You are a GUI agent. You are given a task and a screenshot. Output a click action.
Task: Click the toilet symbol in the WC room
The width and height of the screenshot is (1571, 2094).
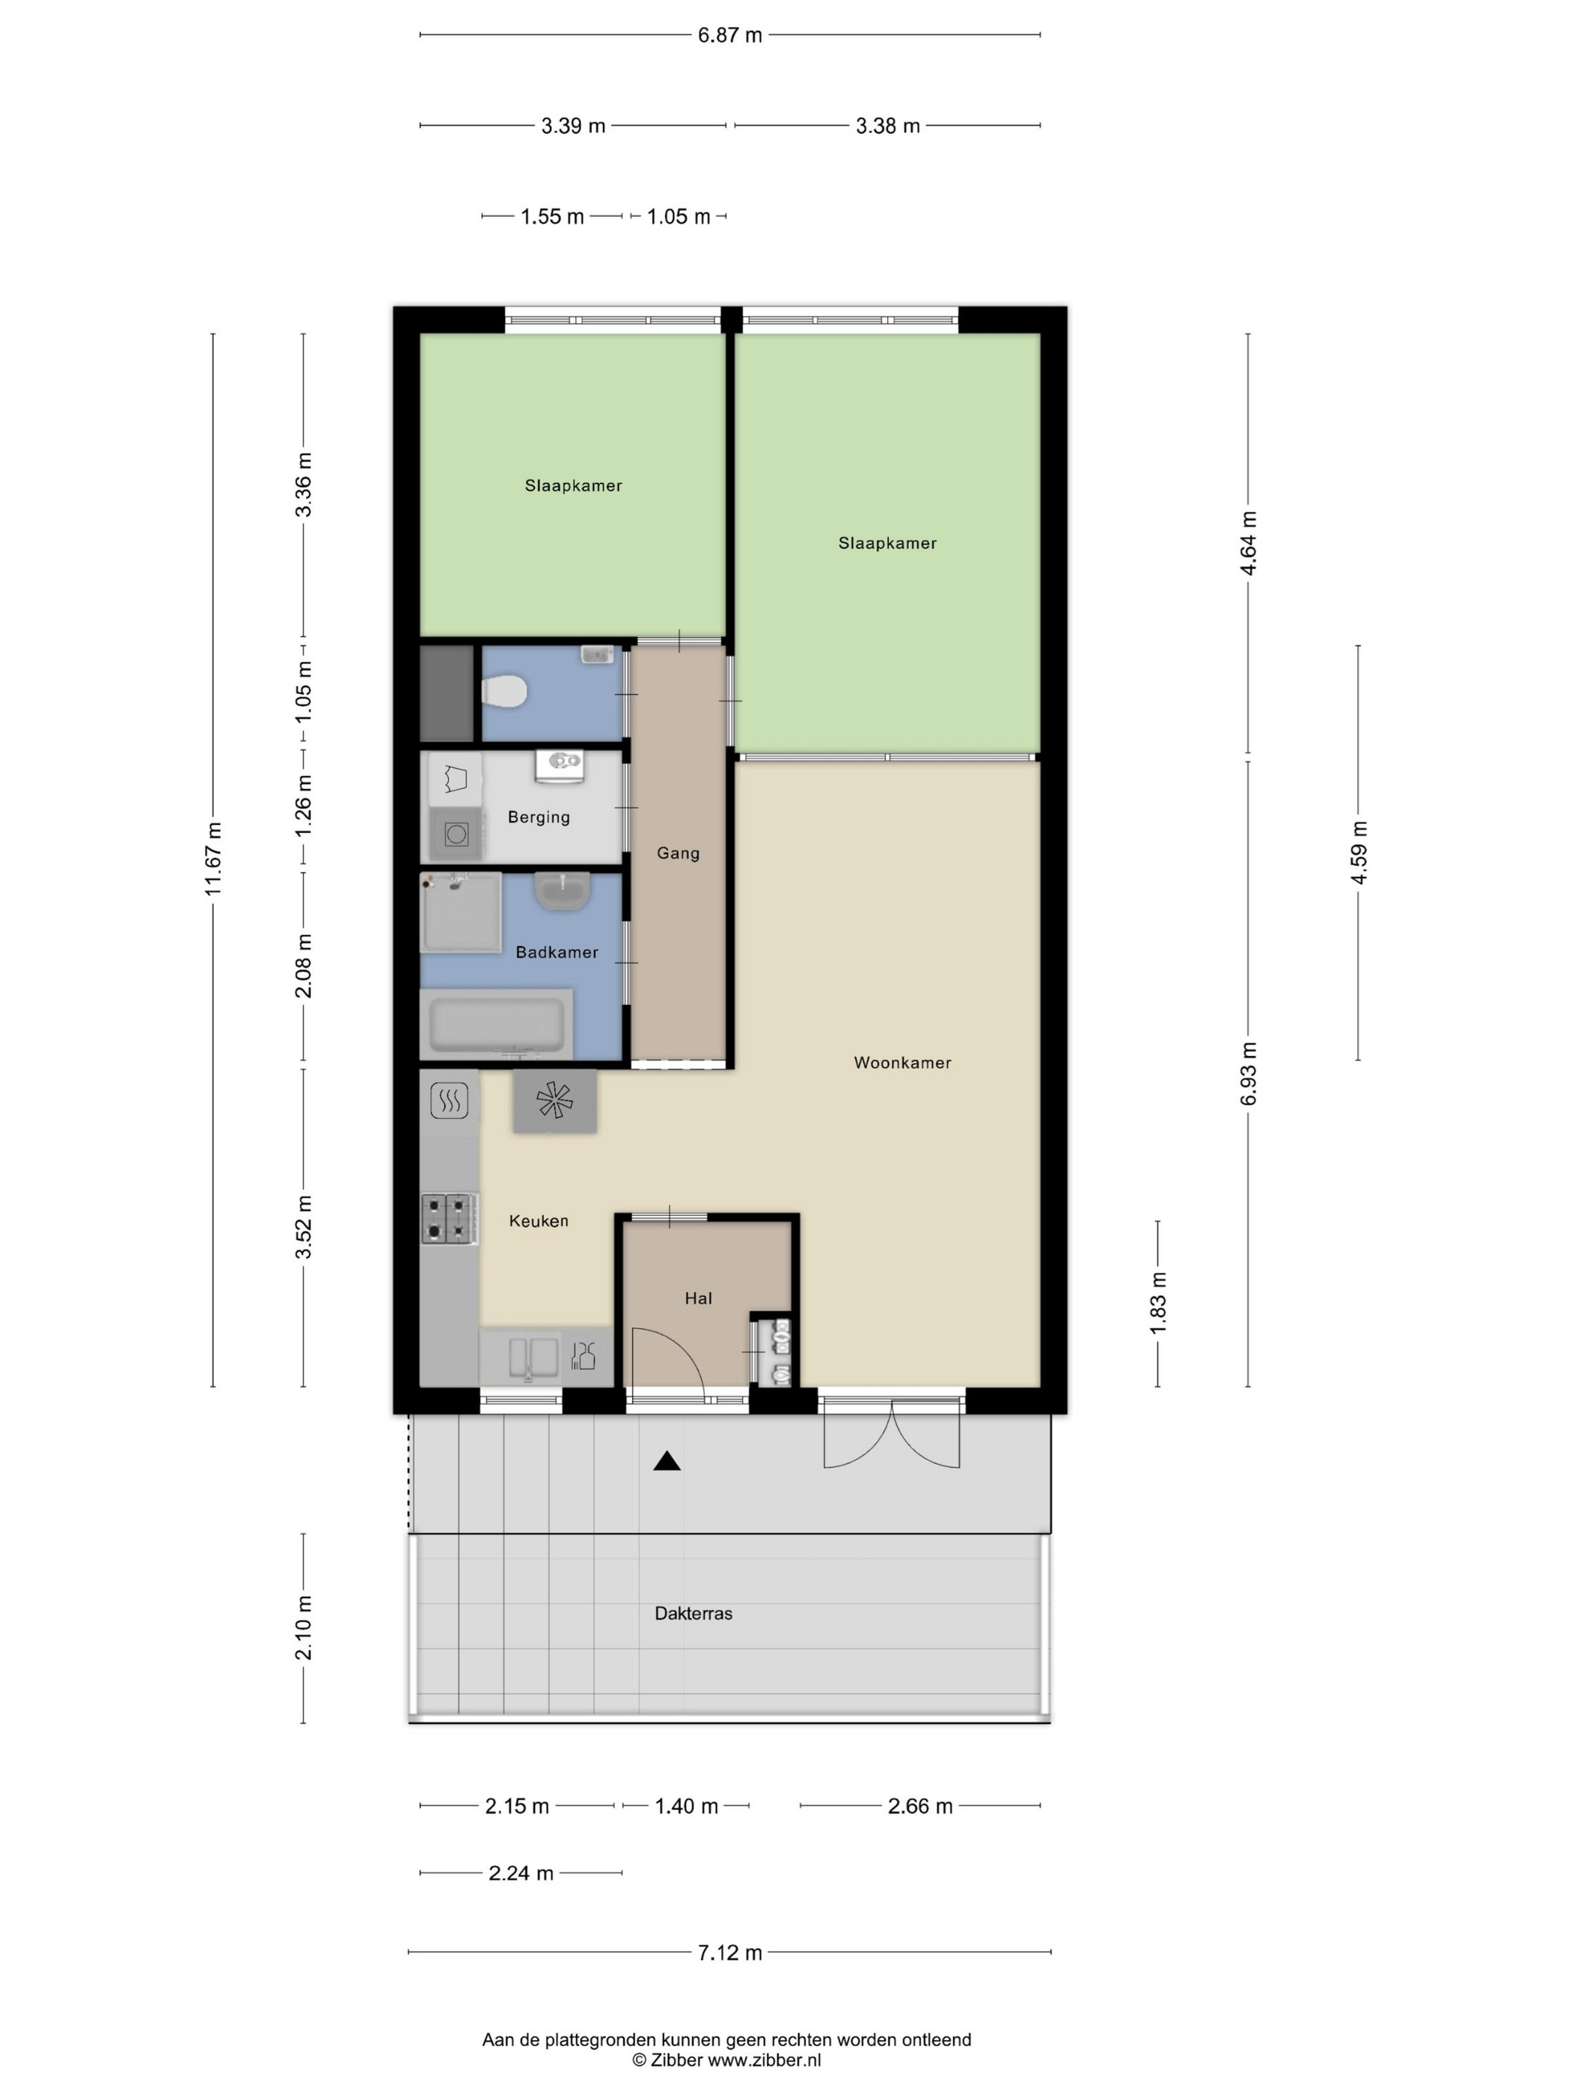[x=503, y=690]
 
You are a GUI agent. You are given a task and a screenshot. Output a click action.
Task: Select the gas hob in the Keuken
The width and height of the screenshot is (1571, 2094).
[x=449, y=1218]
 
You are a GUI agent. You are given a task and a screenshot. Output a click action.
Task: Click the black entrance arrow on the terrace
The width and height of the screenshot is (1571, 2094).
[x=667, y=1461]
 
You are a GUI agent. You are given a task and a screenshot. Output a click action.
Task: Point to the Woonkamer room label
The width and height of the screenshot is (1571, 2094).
[x=901, y=1062]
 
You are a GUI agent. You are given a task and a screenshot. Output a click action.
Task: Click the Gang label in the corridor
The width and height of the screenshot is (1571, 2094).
[x=678, y=853]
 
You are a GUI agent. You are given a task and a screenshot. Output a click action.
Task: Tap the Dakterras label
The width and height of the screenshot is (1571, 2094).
[x=693, y=1613]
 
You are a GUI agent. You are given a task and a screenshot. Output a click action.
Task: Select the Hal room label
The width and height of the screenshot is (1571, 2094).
[x=698, y=1298]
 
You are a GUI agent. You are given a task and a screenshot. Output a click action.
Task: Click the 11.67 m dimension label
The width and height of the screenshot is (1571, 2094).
[x=213, y=859]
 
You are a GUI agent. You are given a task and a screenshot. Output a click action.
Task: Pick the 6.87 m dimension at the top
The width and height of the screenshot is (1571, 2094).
[x=729, y=35]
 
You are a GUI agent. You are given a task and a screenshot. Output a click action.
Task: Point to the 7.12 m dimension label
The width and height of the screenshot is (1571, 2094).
[x=729, y=1952]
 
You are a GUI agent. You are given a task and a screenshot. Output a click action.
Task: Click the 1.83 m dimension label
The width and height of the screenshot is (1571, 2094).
[x=1158, y=1304]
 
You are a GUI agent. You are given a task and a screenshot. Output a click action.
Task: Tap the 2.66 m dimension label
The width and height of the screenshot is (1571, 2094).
[x=919, y=1805]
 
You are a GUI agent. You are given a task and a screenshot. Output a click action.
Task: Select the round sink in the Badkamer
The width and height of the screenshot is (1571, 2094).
[x=563, y=891]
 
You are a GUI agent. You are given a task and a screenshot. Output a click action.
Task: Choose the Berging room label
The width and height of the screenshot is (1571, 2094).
[x=539, y=817]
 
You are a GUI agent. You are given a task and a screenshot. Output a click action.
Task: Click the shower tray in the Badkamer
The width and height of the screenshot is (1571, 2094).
[x=461, y=912]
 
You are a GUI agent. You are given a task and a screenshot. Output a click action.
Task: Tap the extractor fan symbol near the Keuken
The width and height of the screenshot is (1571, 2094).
[x=555, y=1100]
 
